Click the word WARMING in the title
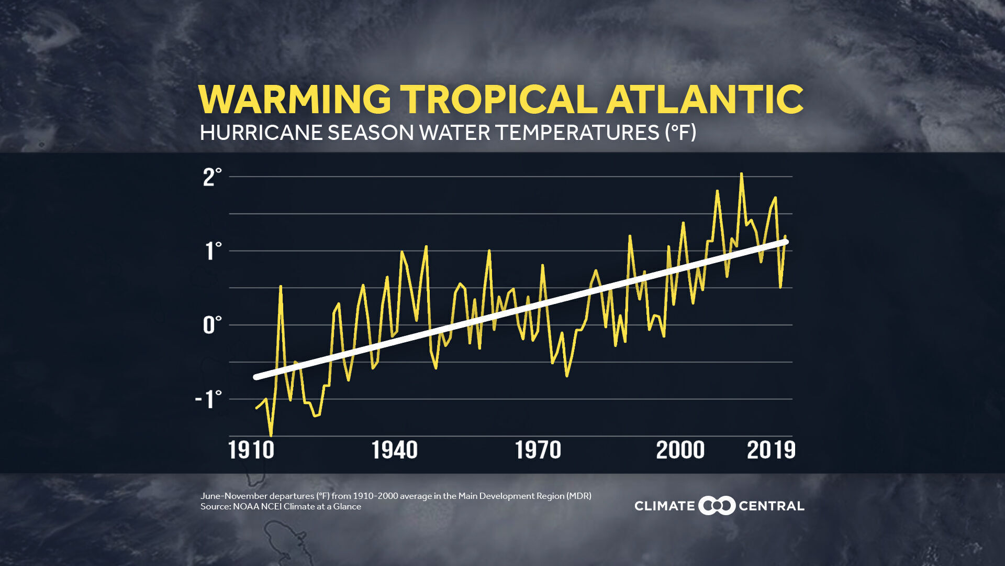pos(294,100)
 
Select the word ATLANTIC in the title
pos(705,100)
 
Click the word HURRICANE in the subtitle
pos(261,133)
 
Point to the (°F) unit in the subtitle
pos(680,133)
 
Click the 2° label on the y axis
pos(212,178)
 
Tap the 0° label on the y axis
pos(212,325)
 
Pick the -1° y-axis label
pos(208,400)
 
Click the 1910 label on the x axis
pos(251,450)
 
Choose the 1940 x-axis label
pos(394,450)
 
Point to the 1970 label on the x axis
pos(538,450)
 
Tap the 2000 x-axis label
pos(680,450)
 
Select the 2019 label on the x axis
pos(771,450)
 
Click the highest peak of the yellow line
pos(741,174)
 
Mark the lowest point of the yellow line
pos(271,435)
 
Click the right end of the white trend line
pos(785,242)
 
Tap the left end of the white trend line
pos(256,377)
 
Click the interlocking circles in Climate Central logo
pos(717,506)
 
